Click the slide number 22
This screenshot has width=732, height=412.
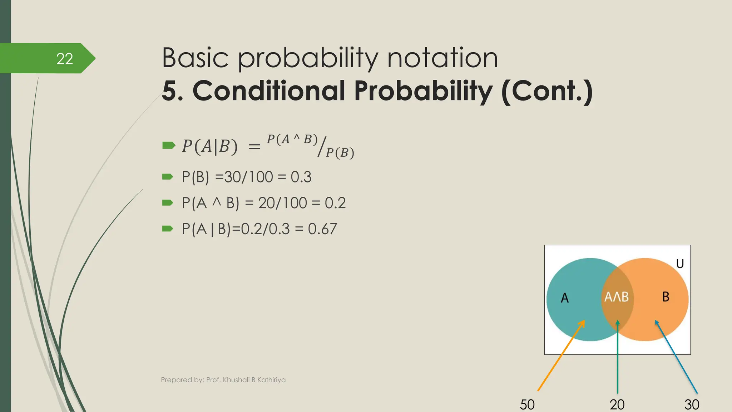coord(65,59)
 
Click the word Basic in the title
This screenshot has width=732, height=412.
coord(195,58)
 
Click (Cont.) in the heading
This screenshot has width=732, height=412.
coord(547,92)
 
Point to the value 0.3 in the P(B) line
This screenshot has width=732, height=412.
coord(301,177)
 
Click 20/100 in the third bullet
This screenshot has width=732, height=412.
coord(282,203)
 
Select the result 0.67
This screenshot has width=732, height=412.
coord(322,229)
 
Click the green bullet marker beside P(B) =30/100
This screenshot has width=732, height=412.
coord(168,177)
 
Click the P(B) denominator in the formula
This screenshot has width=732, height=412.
coord(340,153)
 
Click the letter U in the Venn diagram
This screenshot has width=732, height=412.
coord(680,264)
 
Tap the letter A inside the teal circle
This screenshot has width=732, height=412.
coord(564,298)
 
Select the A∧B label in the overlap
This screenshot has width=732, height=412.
coord(617,297)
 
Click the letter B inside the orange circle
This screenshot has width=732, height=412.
coord(666,296)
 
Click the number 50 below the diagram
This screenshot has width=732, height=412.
coord(527,404)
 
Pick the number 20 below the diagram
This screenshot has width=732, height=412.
coord(617,404)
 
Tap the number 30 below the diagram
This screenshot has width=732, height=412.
coord(692,404)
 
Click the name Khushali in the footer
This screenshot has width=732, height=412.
coord(236,380)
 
